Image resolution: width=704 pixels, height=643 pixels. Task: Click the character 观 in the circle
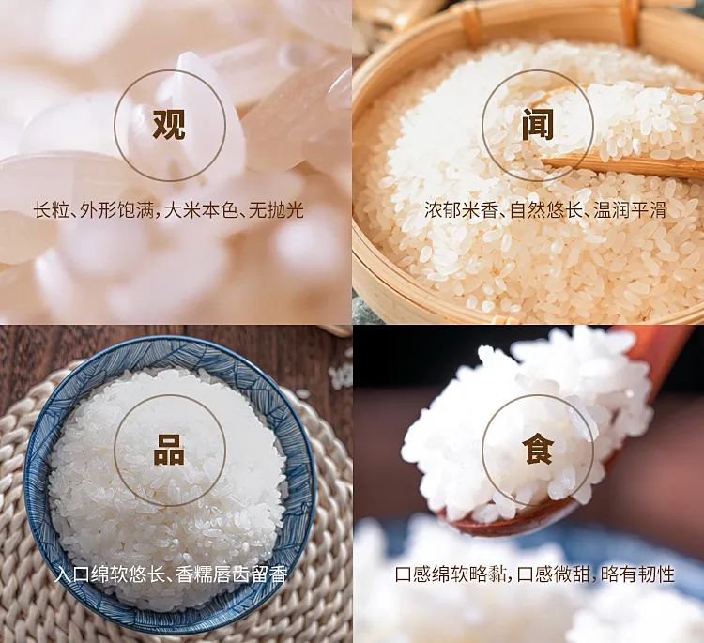169,123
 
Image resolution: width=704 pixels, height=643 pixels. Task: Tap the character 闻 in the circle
538,123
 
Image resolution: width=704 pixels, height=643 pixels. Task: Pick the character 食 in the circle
538,449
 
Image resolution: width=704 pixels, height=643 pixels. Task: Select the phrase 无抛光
277,209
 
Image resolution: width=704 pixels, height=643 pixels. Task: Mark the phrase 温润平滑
633,209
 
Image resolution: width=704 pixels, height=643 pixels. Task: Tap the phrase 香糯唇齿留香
232,574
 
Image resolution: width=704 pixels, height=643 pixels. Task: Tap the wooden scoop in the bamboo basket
620,165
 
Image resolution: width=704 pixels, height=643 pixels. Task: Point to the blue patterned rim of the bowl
38,451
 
